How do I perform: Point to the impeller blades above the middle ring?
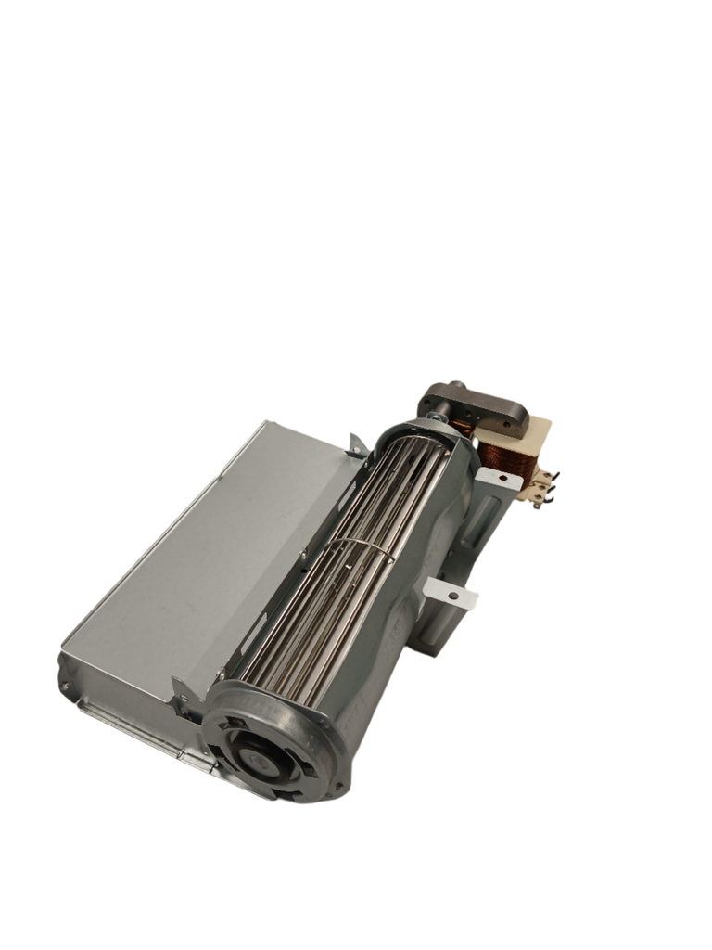point(399,482)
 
